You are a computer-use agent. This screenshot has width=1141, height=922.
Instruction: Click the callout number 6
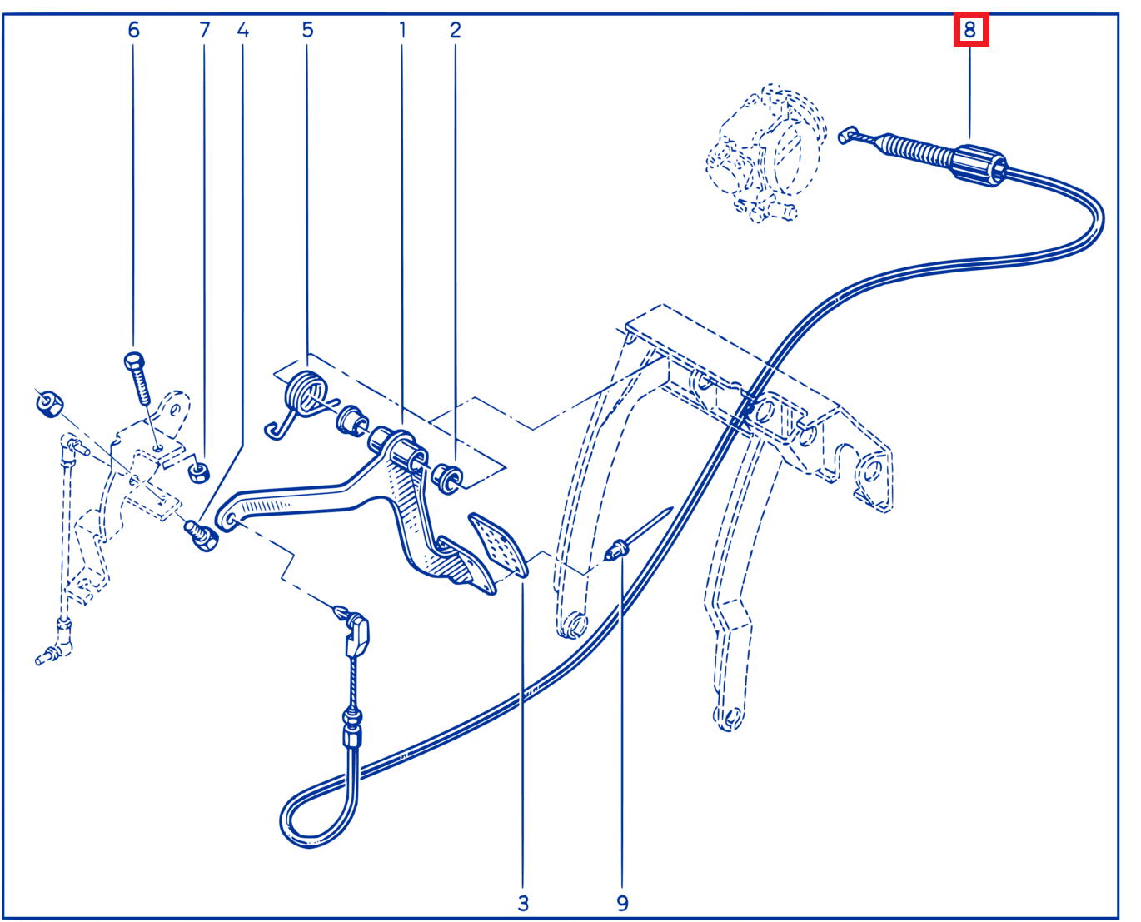pyautogui.click(x=133, y=30)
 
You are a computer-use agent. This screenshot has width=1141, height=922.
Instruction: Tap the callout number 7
pyautogui.click(x=204, y=30)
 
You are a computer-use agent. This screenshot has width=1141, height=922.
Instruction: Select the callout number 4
pyautogui.click(x=242, y=30)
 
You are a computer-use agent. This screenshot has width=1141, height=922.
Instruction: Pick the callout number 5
pyautogui.click(x=307, y=30)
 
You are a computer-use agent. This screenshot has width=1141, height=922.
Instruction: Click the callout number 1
pyautogui.click(x=402, y=30)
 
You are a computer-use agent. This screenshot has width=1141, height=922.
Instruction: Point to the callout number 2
pyautogui.click(x=455, y=30)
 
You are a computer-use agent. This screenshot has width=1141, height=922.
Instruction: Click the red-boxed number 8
pyautogui.click(x=969, y=29)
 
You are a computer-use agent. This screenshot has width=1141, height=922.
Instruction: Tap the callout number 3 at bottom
pyautogui.click(x=523, y=903)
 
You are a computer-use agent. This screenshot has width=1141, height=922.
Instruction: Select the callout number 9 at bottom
pyautogui.click(x=622, y=903)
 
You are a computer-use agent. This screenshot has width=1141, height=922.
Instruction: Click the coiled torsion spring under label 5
pyautogui.click(x=302, y=399)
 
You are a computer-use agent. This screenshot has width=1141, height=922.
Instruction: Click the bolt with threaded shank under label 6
pyautogui.click(x=139, y=378)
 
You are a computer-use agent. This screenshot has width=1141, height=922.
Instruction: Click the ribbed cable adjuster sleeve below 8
pyautogui.click(x=979, y=165)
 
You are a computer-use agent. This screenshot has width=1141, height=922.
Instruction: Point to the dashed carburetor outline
pyautogui.click(x=766, y=152)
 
